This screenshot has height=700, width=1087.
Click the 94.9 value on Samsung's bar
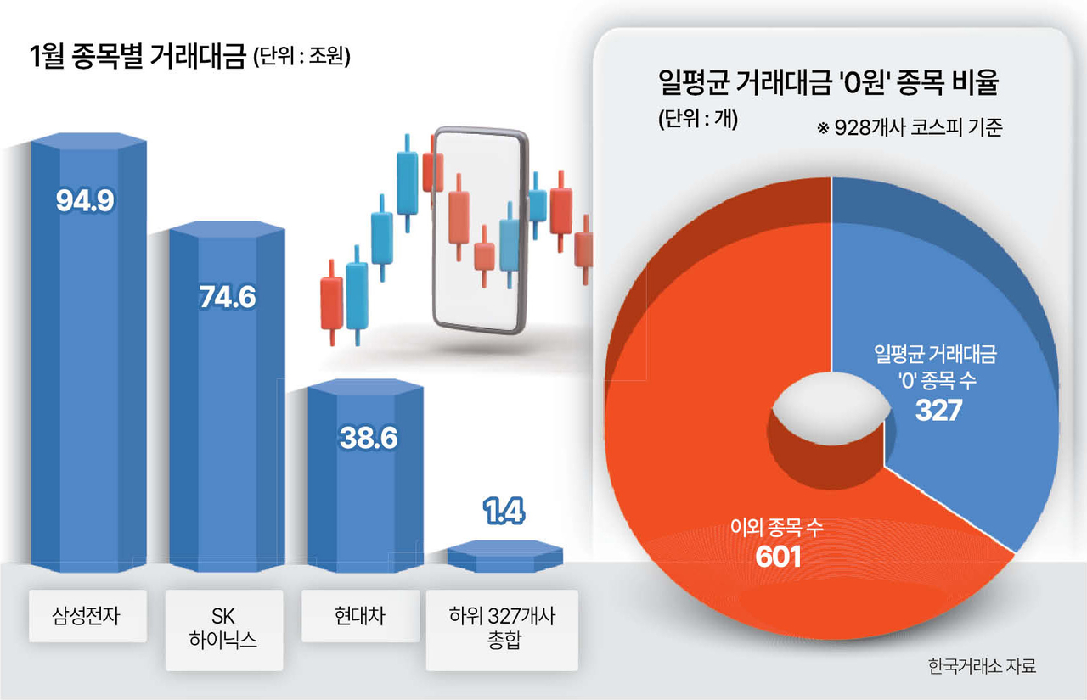click(x=85, y=200)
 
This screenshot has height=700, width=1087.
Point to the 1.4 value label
click(x=504, y=512)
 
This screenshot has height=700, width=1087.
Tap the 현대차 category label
click(x=360, y=615)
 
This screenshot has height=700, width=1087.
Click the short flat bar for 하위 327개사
click(x=504, y=555)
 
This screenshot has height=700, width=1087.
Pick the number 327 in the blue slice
click(x=938, y=411)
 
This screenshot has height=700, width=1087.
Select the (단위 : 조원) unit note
click(x=301, y=59)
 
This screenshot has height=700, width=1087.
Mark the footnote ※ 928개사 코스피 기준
click(x=910, y=128)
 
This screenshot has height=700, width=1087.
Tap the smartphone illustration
click(x=480, y=229)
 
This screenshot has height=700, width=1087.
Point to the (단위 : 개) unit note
click(x=698, y=120)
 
